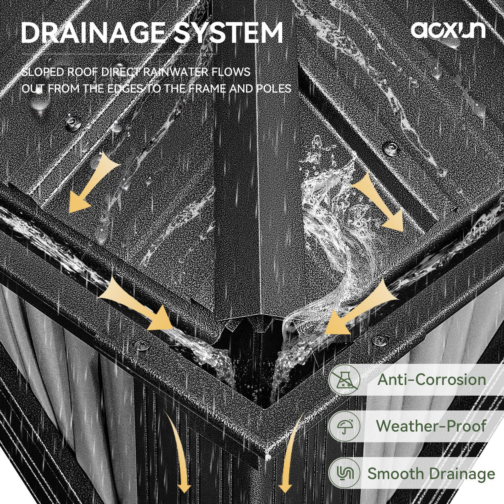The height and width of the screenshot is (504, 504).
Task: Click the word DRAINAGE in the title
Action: coord(93,33)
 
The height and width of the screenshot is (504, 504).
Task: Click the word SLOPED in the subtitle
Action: coord(42,72)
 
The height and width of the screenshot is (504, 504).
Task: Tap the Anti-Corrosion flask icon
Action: coord(344,380)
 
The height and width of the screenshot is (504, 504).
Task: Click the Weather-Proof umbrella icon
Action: coord(344,426)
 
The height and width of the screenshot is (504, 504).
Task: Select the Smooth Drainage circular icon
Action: coord(344,472)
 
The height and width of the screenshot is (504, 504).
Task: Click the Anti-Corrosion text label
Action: coord(431,380)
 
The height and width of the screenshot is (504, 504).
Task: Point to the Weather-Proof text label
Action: coord(431,426)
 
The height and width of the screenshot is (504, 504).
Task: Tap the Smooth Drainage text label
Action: coord(431,473)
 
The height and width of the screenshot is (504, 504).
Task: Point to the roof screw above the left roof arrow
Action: coord(73,122)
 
